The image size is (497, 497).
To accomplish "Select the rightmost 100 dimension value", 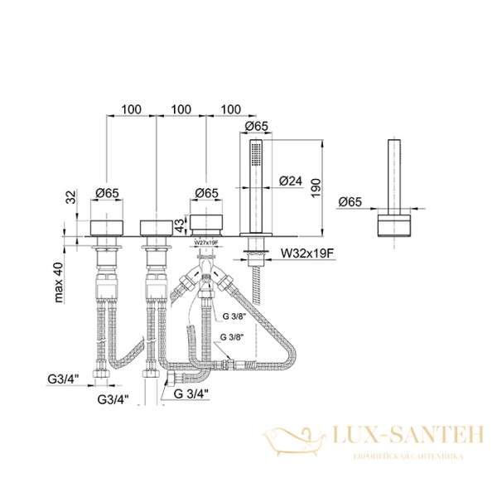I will click(232, 109).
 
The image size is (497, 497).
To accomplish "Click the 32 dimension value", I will click(73, 195).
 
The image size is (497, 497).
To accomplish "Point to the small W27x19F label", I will click(206, 241).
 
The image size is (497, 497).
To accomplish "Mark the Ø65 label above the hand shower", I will click(258, 127).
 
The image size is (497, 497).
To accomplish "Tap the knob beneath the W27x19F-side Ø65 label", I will click(206, 224).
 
